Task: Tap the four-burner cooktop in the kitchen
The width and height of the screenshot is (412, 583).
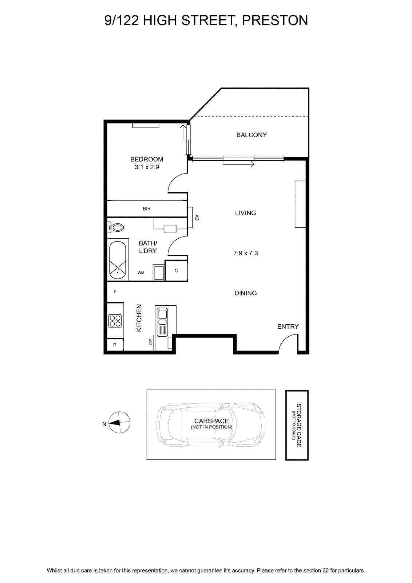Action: (x=115, y=321)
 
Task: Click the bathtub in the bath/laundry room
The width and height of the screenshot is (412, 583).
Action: (x=118, y=260)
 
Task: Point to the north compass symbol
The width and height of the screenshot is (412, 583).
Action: (x=119, y=422)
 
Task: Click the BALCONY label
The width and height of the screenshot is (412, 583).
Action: (x=251, y=135)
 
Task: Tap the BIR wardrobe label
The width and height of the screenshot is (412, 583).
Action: (x=147, y=209)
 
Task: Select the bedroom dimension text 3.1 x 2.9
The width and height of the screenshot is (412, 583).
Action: (x=147, y=167)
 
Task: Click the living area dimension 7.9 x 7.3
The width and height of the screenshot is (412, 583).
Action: (x=245, y=253)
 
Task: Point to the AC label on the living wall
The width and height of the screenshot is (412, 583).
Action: (x=197, y=218)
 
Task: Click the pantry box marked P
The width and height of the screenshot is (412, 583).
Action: (x=115, y=345)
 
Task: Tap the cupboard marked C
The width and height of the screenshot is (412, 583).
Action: (x=176, y=271)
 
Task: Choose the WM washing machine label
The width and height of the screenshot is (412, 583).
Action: (x=141, y=273)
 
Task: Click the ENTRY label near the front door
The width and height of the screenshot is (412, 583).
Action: (x=288, y=326)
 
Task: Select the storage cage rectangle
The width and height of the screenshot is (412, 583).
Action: (x=297, y=425)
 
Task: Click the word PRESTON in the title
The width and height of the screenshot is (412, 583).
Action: (x=275, y=20)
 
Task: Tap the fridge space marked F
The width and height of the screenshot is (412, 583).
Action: (x=115, y=292)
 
